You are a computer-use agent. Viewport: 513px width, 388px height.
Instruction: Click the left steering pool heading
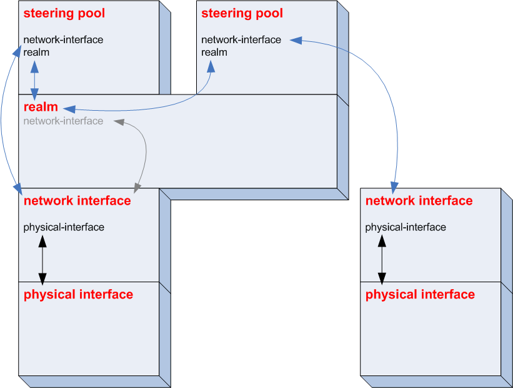point(64,13)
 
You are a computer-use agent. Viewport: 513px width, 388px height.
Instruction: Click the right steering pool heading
point(242,13)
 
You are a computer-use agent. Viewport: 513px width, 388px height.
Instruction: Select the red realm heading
point(41,108)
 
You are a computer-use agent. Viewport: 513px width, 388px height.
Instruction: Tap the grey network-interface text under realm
point(63,121)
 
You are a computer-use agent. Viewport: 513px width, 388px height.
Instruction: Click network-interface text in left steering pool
point(63,39)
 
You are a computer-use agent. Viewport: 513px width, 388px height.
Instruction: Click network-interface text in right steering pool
point(241,39)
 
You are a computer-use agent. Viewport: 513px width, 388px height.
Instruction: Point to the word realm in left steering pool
point(36,52)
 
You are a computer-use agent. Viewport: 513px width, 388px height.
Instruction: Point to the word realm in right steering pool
point(214,52)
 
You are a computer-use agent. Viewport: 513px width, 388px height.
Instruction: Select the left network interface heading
point(77,201)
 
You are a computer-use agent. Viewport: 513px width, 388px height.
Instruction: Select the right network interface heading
point(419,201)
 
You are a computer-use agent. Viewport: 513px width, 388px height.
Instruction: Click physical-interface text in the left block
point(64,227)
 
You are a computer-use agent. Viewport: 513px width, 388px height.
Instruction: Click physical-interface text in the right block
point(406,227)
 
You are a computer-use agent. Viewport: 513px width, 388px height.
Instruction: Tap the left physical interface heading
point(78,294)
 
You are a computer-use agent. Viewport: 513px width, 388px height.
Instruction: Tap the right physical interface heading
point(420,294)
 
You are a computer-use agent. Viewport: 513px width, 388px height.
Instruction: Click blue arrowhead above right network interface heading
point(394,186)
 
